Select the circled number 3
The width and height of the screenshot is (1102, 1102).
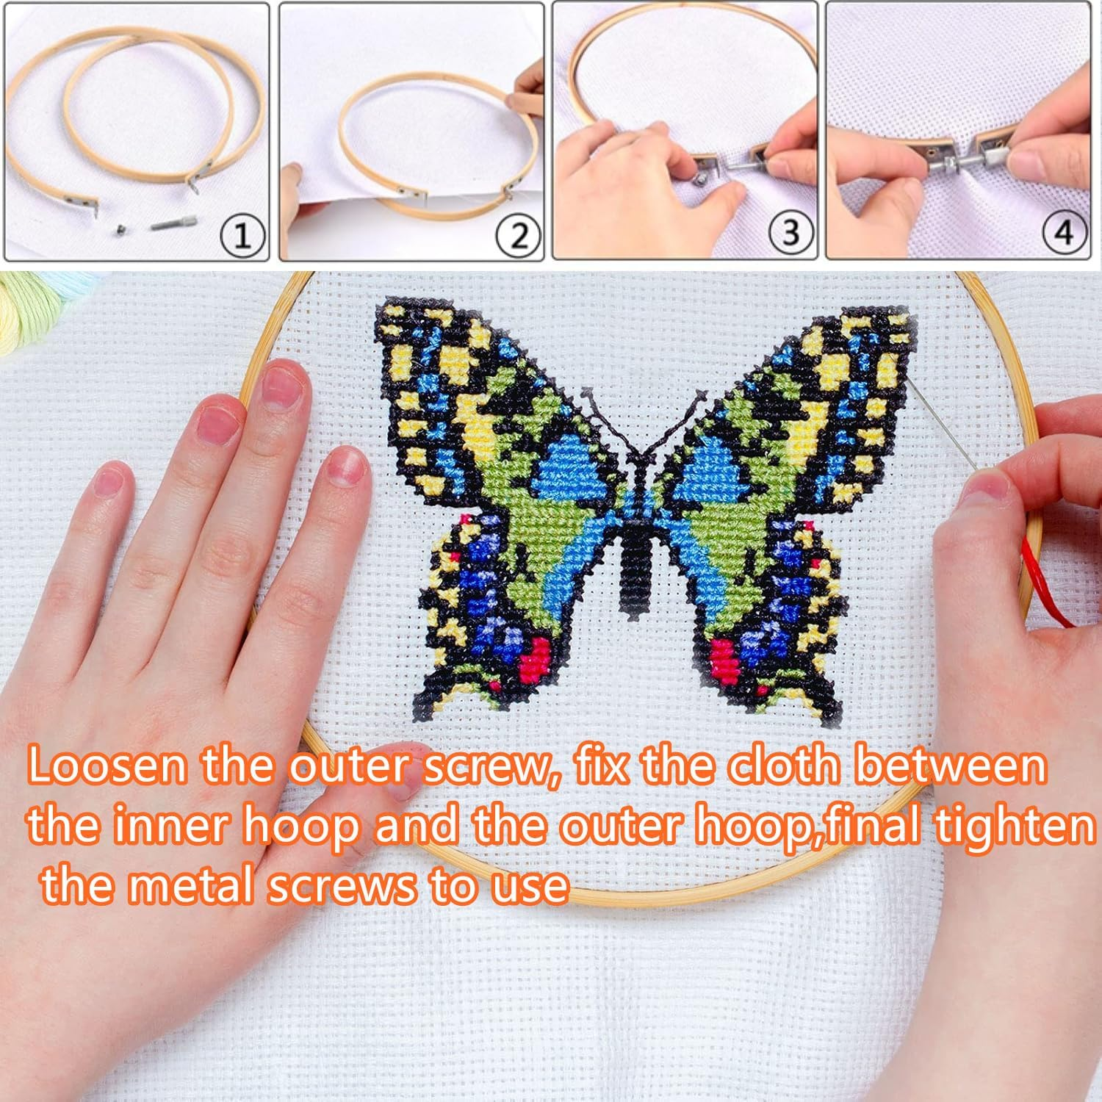point(791,235)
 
